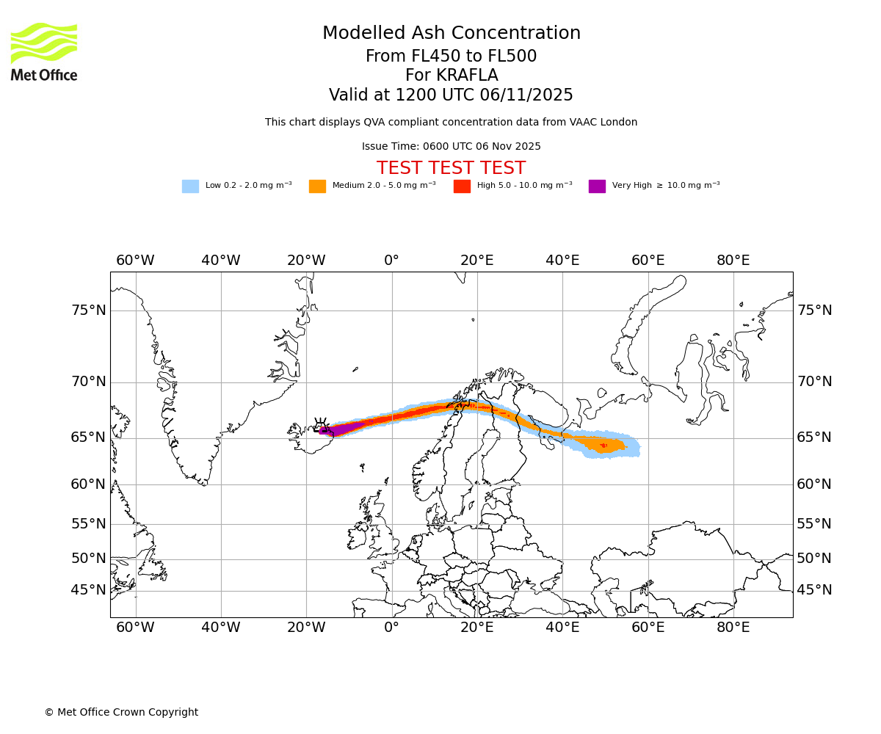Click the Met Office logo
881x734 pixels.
(x=44, y=51)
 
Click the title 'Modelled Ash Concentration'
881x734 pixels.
(x=452, y=34)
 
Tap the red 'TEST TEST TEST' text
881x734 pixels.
(x=451, y=168)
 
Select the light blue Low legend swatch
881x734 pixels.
(x=190, y=186)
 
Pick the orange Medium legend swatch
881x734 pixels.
(x=317, y=186)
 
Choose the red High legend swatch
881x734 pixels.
(x=462, y=186)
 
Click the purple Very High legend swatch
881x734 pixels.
(x=597, y=186)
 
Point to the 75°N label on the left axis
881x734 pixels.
(x=88, y=310)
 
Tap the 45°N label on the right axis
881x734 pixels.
(x=814, y=590)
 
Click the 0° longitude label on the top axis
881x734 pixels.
(x=392, y=261)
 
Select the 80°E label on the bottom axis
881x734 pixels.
(x=733, y=628)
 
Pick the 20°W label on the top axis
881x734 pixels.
(x=306, y=261)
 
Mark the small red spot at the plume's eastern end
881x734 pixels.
(x=603, y=445)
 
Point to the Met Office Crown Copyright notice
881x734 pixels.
(x=121, y=712)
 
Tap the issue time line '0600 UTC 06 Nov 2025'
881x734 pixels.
(x=451, y=147)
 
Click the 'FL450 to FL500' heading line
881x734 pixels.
(x=452, y=57)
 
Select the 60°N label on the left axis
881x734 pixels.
(x=88, y=484)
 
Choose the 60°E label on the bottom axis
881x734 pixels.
(x=648, y=628)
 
